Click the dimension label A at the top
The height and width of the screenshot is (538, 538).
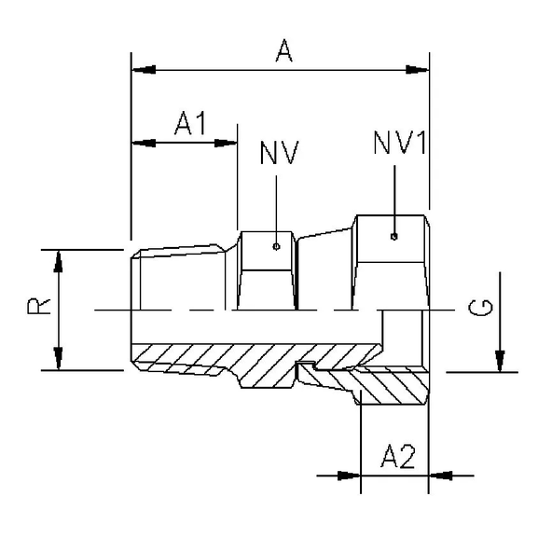(x=283, y=53)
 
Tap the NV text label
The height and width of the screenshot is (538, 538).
(x=278, y=152)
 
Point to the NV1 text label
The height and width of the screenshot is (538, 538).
(x=400, y=144)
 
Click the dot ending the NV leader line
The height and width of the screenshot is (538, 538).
(x=277, y=247)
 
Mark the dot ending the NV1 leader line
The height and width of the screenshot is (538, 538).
(x=394, y=235)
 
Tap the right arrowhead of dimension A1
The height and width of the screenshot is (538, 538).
(x=228, y=143)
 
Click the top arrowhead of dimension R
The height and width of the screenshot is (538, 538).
(x=60, y=262)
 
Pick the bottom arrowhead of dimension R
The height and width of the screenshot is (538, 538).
(x=60, y=358)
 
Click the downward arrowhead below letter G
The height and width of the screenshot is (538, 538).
(x=500, y=360)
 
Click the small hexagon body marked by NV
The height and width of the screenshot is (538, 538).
(x=268, y=270)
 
